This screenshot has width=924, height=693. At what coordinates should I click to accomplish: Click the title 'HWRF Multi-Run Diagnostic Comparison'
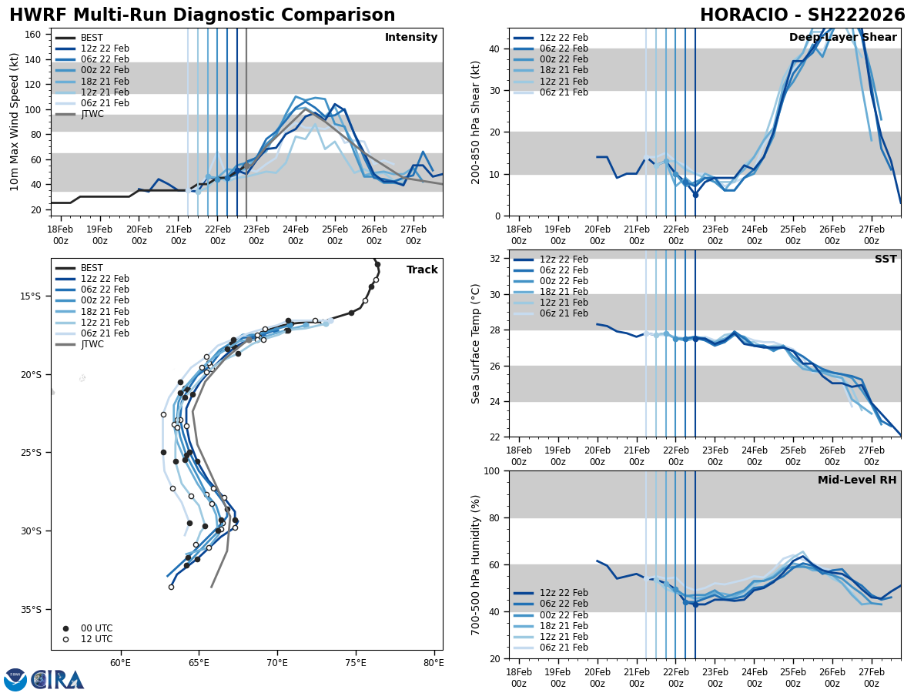(x=202, y=15)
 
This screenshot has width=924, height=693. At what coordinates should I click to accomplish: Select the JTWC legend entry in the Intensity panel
(x=92, y=114)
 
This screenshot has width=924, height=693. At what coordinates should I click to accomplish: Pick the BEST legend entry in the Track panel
(x=92, y=268)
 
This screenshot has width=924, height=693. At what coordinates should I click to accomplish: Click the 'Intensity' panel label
(x=411, y=38)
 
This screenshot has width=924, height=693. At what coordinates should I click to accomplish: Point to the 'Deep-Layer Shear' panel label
(x=842, y=38)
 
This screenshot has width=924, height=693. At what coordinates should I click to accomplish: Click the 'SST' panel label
(x=885, y=259)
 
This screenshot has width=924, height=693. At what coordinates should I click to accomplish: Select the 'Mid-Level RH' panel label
(x=857, y=480)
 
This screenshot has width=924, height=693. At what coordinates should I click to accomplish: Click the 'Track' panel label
(x=422, y=270)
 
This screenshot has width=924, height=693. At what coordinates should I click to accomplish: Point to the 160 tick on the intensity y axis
(x=34, y=35)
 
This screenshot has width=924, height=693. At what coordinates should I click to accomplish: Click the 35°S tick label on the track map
(x=31, y=609)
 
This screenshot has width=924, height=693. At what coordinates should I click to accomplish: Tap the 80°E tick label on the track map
(x=434, y=663)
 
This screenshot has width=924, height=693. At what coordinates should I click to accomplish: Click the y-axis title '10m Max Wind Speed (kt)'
(x=15, y=122)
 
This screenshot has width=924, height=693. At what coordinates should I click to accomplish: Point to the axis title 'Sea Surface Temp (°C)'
(x=477, y=343)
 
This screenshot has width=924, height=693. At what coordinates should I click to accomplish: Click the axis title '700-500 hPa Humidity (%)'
(x=477, y=564)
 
